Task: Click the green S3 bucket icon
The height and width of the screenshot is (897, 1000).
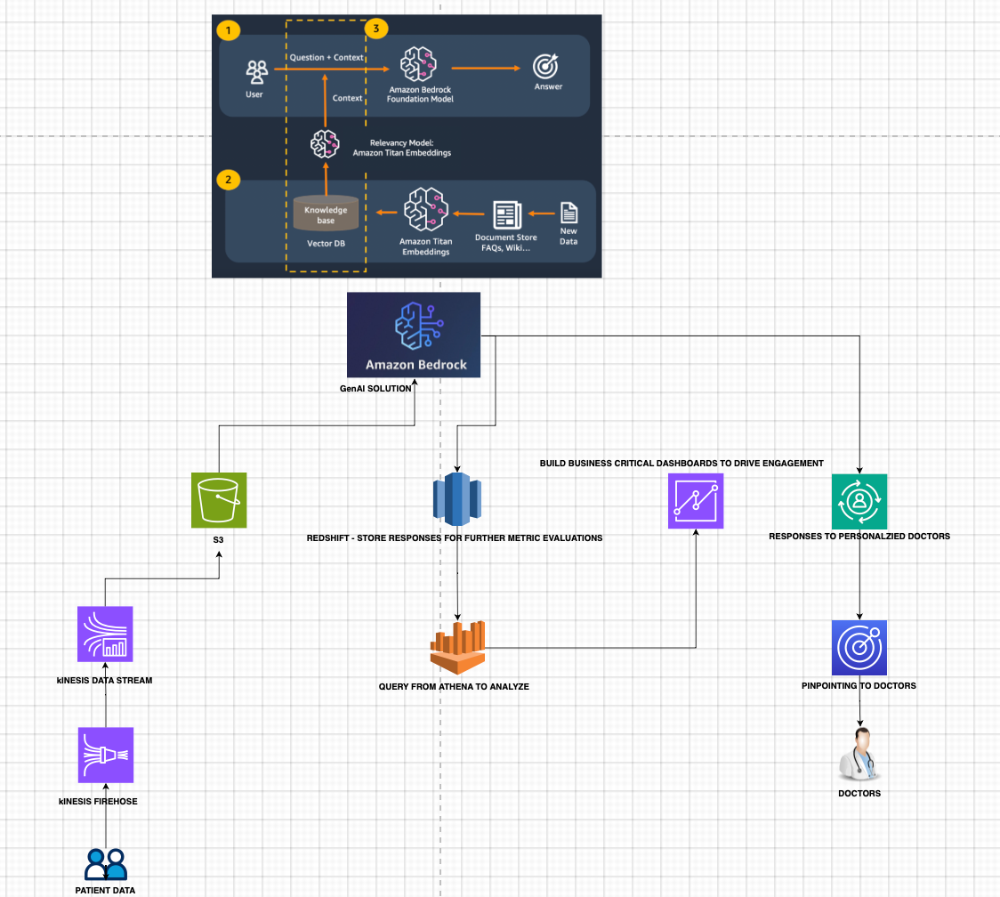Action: [218, 500]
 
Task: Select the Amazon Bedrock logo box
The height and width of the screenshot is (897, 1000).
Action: [414, 335]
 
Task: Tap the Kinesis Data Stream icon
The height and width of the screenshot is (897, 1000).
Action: [105, 634]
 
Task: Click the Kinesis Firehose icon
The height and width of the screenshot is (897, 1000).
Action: [105, 755]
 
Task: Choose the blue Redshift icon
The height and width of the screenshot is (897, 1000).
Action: [456, 497]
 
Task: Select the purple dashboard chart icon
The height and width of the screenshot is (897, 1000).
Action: [696, 501]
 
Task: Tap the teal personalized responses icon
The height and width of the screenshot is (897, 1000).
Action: [859, 501]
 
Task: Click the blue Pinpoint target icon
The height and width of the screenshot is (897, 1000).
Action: [859, 647]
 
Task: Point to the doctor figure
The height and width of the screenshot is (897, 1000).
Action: [859, 754]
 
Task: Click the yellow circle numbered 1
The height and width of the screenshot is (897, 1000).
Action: [229, 30]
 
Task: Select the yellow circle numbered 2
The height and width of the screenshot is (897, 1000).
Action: [229, 179]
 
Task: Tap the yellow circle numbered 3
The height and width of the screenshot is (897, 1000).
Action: [376, 29]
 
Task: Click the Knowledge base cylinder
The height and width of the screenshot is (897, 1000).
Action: [326, 214]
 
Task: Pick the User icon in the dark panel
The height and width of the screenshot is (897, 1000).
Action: [255, 70]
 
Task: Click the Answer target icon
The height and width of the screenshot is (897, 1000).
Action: [545, 67]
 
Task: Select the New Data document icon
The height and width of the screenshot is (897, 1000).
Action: [568, 214]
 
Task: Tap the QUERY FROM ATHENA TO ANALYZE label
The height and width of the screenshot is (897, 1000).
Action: [454, 686]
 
